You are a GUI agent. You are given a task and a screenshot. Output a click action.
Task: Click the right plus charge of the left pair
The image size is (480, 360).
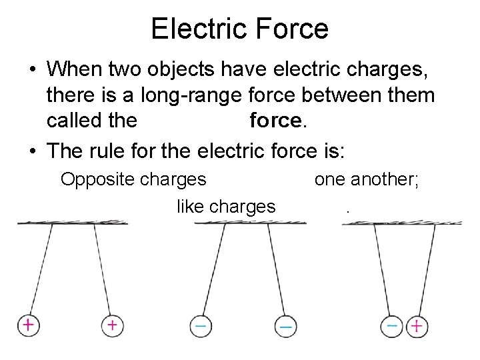[x=112, y=325]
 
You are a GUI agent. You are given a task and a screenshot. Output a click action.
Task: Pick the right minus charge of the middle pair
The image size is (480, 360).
[x=285, y=326]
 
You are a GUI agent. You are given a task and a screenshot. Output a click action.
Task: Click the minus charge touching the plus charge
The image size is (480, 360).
[x=393, y=326]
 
